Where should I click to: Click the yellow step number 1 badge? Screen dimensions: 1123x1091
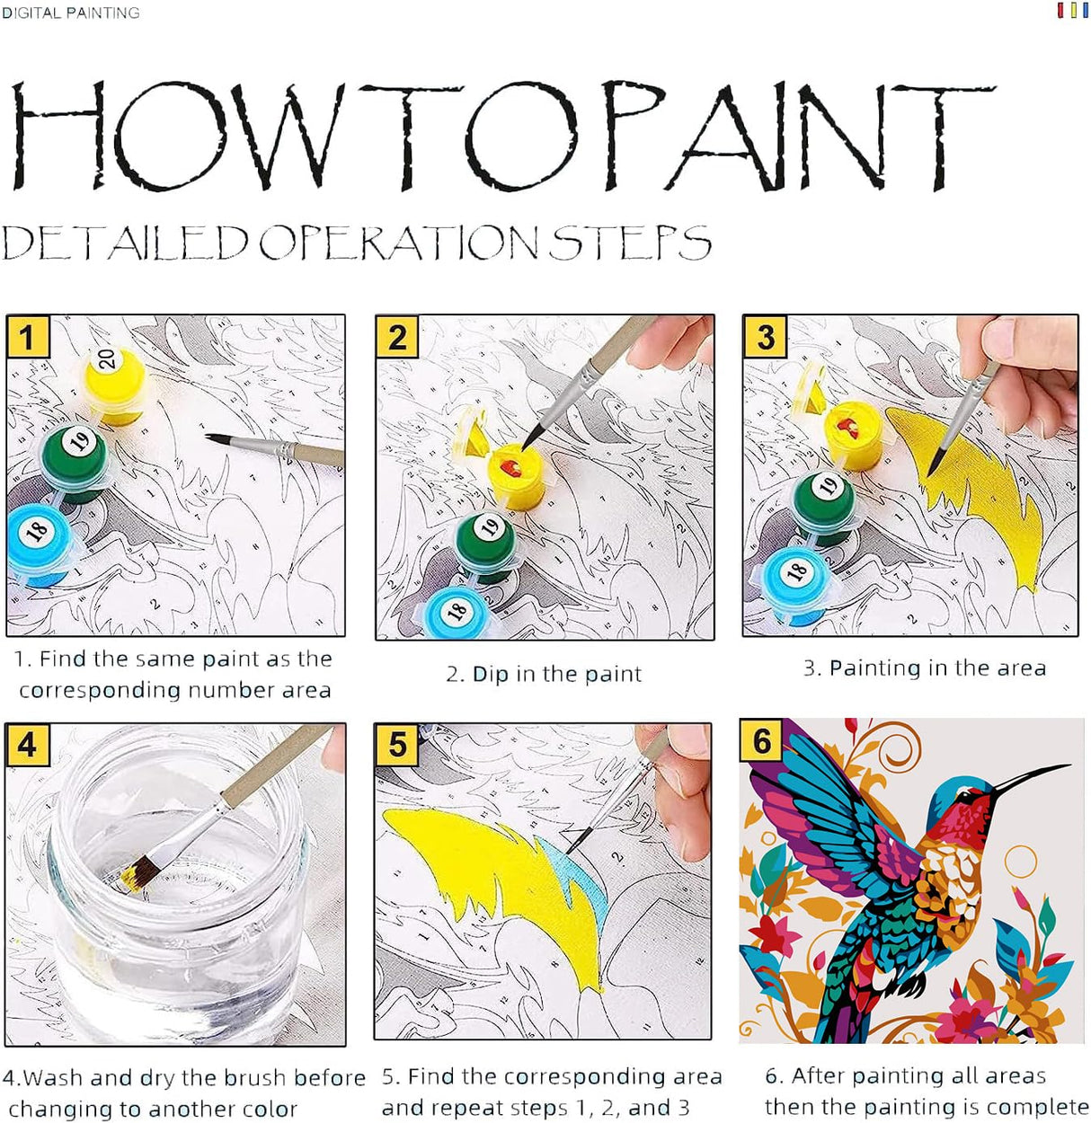click(27, 338)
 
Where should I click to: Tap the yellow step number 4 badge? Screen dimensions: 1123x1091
click(27, 745)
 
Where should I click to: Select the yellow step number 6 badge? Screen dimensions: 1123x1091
click(762, 741)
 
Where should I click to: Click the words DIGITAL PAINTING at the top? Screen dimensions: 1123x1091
click(70, 13)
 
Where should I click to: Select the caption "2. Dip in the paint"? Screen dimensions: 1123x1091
click(544, 674)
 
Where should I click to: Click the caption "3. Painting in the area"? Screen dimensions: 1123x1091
click(925, 668)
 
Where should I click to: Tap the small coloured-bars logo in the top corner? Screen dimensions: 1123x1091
click(1072, 11)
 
